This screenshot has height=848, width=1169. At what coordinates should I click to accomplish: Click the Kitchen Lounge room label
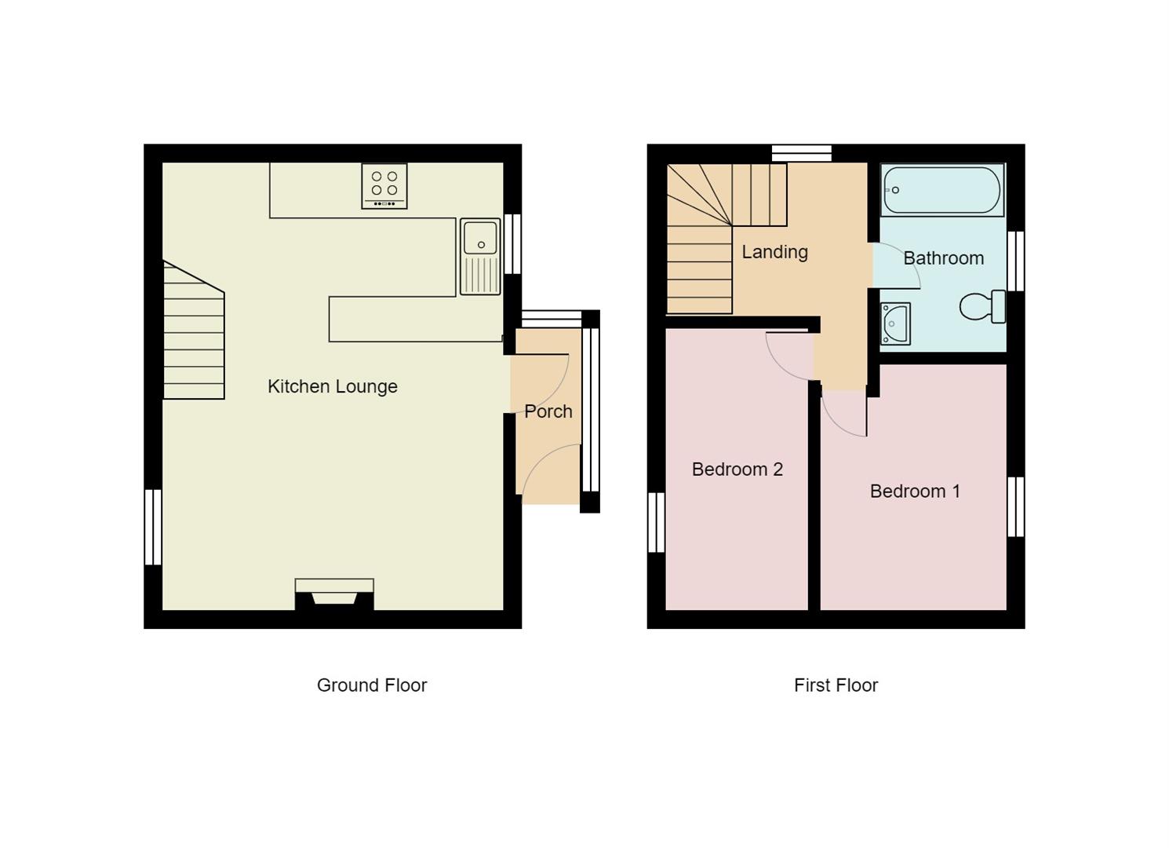[332, 386]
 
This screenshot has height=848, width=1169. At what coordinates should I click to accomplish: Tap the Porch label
[548, 411]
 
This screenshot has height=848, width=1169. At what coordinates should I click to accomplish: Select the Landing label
[774, 252]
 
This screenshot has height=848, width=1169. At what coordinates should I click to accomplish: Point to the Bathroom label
[943, 258]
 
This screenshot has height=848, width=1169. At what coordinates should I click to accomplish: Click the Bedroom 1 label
[915, 492]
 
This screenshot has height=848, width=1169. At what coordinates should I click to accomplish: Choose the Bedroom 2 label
[737, 470]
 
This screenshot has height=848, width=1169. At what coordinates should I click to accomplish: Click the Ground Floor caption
[371, 685]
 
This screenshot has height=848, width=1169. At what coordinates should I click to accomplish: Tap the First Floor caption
[836, 685]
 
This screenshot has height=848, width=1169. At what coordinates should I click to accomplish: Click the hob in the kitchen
[384, 186]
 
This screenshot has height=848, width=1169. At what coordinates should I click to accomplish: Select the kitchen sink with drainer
[479, 256]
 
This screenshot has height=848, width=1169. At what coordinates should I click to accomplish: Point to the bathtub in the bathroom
[941, 190]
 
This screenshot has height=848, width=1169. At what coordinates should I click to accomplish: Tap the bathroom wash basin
[894, 323]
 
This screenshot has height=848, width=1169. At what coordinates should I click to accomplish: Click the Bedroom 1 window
[1015, 506]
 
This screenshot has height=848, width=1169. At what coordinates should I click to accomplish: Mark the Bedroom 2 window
[656, 522]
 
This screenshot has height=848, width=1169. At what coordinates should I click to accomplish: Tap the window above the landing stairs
[801, 152]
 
